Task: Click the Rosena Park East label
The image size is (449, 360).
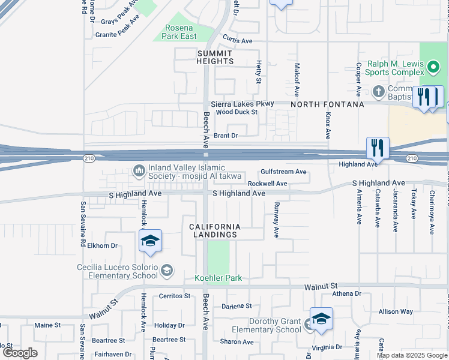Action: [x=179, y=32]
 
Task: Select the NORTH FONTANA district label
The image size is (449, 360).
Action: [x=327, y=104]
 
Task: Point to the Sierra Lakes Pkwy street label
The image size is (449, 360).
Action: [x=242, y=103]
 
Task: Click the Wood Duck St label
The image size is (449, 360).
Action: [x=237, y=112]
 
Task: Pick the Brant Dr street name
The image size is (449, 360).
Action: [x=226, y=136]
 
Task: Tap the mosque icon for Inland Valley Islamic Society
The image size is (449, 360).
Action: [x=139, y=172]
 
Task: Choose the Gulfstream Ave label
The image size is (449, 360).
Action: [x=283, y=172]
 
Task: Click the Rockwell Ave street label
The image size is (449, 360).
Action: [x=267, y=184]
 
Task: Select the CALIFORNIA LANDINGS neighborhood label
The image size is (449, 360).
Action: [x=215, y=230]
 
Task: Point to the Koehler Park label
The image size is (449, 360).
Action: [x=218, y=278]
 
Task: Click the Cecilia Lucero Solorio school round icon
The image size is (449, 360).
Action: [x=166, y=271]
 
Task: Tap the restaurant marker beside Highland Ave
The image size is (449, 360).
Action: [x=378, y=146]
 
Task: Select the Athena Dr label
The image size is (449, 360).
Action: [x=347, y=293]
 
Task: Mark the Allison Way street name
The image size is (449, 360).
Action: [x=396, y=311]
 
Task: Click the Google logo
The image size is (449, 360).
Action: [x=20, y=353]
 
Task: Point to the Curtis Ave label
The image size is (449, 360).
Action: [x=238, y=41]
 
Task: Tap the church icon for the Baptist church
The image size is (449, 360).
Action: [x=378, y=91]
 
